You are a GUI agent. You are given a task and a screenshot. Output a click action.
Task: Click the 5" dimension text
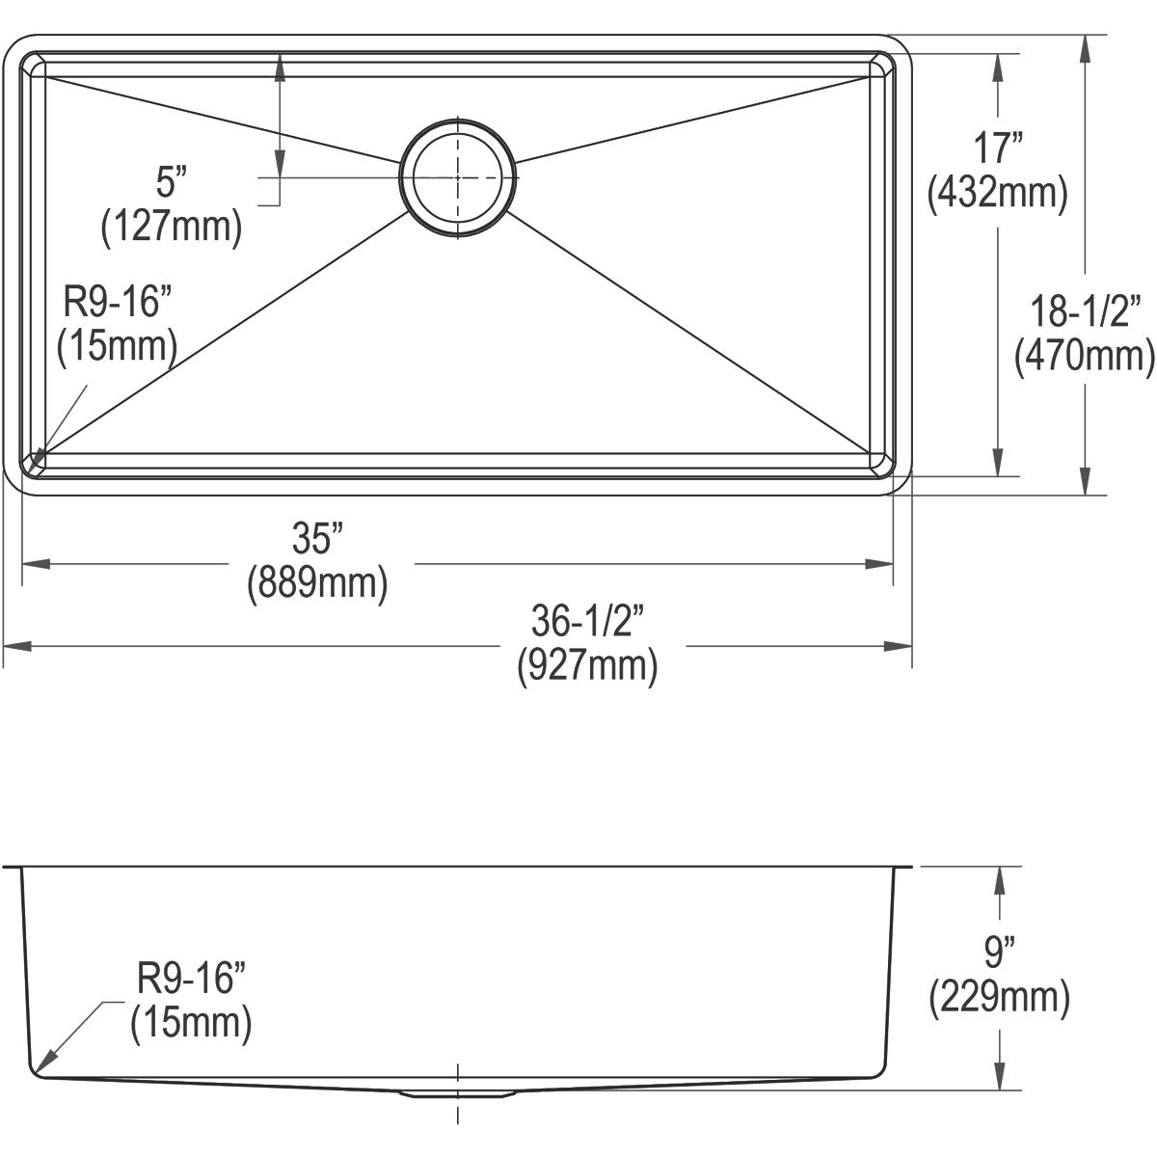(x=170, y=181)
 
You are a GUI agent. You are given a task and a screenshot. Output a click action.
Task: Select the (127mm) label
(x=171, y=228)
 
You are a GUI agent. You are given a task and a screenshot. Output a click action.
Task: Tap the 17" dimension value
(x=997, y=148)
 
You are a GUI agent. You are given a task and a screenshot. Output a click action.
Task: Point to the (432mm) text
(x=997, y=194)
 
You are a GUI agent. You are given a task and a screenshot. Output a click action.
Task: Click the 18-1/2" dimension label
(x=1085, y=310)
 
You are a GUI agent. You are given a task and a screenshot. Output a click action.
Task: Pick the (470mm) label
(x=1085, y=356)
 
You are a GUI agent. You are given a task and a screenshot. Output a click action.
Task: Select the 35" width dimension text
(x=317, y=538)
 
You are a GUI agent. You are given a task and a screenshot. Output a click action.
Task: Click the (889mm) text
(x=317, y=584)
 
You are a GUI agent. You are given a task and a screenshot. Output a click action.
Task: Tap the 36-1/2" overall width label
(x=587, y=622)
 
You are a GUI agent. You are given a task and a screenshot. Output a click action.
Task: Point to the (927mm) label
(x=587, y=667)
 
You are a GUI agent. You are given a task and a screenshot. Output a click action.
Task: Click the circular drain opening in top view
(x=457, y=176)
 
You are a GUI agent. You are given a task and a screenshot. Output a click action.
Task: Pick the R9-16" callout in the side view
(x=191, y=980)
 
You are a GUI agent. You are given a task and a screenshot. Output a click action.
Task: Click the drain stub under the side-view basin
(x=457, y=1093)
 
